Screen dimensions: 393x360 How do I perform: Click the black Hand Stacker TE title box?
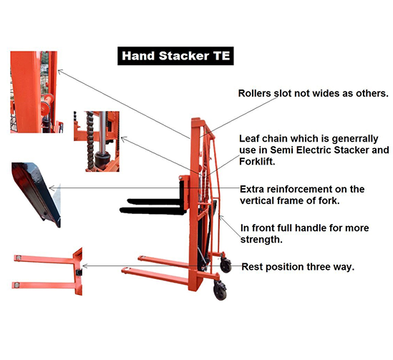[175, 56]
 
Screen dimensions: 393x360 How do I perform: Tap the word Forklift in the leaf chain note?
[257, 161]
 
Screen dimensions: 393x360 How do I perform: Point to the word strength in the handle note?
[261, 240]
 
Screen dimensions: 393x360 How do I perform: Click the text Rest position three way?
[298, 267]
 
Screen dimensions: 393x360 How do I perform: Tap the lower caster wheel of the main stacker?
[220, 291]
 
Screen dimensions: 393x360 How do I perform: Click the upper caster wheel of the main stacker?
[225, 265]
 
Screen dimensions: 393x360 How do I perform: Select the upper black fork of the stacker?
[155, 201]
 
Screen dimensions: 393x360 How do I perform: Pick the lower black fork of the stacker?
[153, 210]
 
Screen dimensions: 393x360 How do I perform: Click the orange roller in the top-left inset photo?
[47, 105]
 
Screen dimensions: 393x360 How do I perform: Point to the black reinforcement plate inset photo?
[37, 194]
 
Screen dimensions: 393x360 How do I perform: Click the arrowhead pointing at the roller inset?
[59, 72]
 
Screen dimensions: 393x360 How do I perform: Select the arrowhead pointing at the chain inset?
[123, 139]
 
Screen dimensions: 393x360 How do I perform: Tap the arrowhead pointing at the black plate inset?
[51, 188]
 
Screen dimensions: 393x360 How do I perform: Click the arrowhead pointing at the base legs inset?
[84, 266]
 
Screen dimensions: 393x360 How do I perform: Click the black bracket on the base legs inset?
[79, 272]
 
